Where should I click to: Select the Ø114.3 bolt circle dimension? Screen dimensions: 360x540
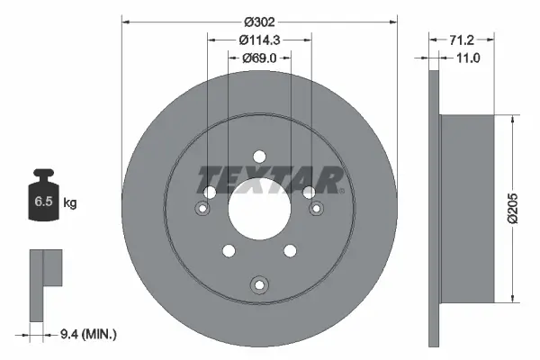[259, 40]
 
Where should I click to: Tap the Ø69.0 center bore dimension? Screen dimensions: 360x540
[259, 58]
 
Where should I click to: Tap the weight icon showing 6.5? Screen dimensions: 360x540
[43, 199]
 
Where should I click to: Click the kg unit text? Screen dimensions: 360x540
[70, 203]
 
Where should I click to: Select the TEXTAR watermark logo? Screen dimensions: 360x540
[270, 180]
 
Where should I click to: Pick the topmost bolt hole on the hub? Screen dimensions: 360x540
[259, 155]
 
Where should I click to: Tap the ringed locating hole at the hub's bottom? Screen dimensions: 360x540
[259, 286]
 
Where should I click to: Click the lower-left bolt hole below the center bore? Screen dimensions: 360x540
[229, 251]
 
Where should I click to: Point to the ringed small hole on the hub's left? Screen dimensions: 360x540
[202, 209]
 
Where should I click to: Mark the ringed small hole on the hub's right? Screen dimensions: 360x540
[316, 209]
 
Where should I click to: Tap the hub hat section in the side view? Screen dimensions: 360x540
[468, 208]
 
